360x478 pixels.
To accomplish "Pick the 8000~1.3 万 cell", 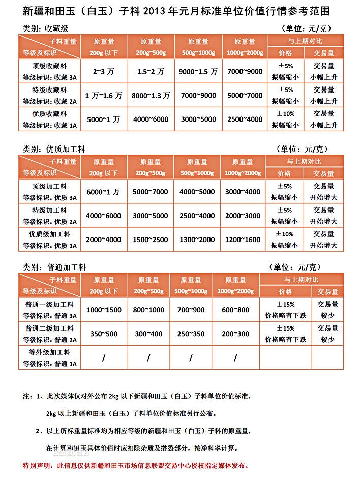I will [x=150, y=96].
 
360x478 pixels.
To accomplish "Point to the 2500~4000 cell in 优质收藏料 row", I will [x=245, y=119].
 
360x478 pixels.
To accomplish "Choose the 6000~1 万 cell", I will [x=103, y=192].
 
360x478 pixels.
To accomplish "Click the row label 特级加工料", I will [x=50, y=210].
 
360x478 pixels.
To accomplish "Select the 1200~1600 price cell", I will [x=243, y=240].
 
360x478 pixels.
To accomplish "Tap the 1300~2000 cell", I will [x=197, y=240].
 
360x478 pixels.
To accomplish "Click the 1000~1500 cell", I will [x=104, y=310].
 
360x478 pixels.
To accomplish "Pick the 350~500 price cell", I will [x=104, y=334].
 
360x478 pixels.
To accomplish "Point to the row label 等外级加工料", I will [x=50, y=352].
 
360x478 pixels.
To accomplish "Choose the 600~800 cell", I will [x=235, y=310].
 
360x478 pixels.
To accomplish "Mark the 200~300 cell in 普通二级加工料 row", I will [x=235, y=334].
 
